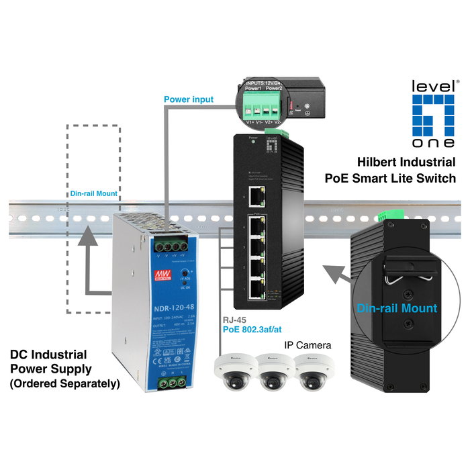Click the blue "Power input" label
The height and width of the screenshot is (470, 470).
pyautogui.click(x=189, y=99)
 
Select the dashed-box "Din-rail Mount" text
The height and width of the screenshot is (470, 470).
pyautogui.click(x=94, y=193)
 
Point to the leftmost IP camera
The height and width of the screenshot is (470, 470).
pyautogui.click(x=231, y=371)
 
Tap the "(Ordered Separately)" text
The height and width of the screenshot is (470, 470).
pyautogui.click(x=64, y=384)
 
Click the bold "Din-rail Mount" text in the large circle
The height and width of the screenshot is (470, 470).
pyautogui.click(x=397, y=308)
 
